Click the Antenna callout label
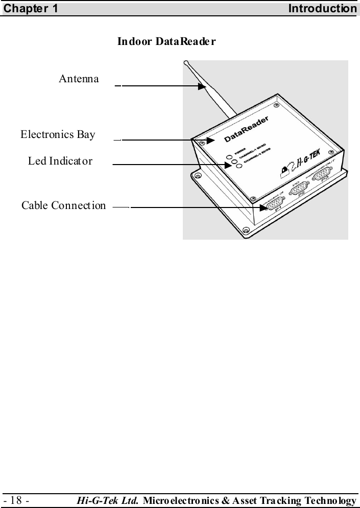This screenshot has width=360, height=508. [79, 79]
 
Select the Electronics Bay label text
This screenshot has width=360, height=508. [58, 135]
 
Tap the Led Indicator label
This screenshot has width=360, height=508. [60, 161]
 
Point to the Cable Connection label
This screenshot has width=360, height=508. [64, 205]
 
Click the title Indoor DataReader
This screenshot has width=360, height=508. [166, 41]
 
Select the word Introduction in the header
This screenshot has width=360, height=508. [322, 9]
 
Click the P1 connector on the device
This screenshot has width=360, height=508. [271, 206]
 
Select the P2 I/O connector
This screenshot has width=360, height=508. [297, 191]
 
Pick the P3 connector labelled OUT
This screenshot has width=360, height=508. [320, 177]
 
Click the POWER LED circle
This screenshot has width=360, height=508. [230, 156]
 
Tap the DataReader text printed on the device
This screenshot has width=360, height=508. [247, 131]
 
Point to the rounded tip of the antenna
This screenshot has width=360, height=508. [186, 64]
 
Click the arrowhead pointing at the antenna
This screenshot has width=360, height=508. [201, 86]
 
